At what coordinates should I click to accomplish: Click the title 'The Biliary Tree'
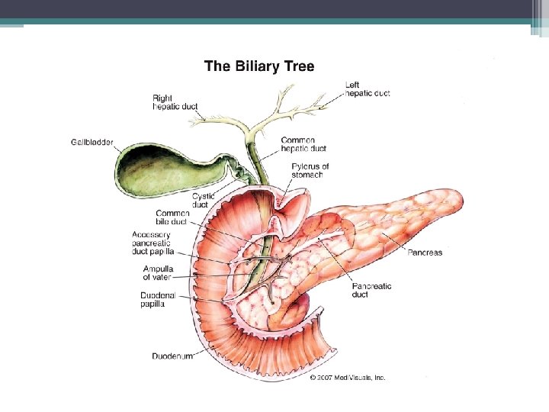[x=259, y=66]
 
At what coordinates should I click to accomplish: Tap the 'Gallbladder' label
[x=92, y=142]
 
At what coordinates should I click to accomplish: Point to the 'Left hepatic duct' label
[x=368, y=89]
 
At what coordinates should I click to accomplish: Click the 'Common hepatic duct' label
[x=303, y=144]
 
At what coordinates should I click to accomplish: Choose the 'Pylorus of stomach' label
[x=310, y=170]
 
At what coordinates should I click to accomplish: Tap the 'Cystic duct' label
[x=204, y=201]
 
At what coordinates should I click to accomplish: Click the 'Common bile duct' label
[x=172, y=217]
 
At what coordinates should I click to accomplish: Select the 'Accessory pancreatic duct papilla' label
[x=153, y=243]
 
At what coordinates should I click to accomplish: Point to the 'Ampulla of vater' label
[x=158, y=272]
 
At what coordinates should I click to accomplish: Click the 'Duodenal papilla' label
[x=159, y=299]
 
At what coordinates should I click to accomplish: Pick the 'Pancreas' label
[x=425, y=253]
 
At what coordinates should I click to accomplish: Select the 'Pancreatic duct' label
[x=371, y=290]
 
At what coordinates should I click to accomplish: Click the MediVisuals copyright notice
[x=348, y=377]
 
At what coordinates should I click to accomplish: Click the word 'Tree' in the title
[x=299, y=66]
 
